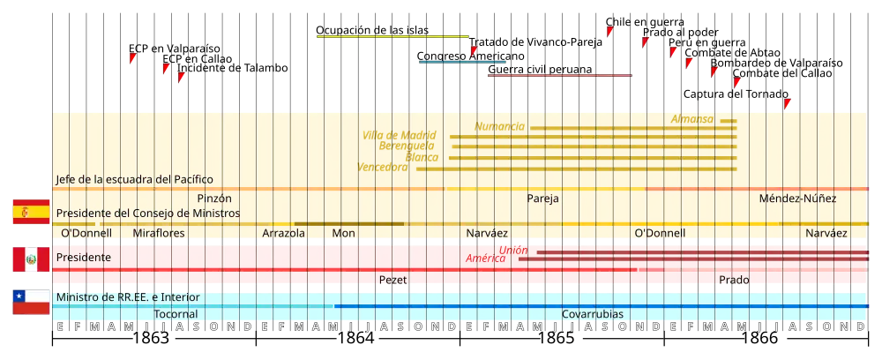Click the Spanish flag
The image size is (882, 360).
coord(30,212)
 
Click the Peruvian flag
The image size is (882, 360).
coord(30,259)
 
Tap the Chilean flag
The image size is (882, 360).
coord(30,303)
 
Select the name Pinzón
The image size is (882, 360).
coord(214,199)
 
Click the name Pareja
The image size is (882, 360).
coord(543,199)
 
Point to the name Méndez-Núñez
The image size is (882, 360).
coord(797,199)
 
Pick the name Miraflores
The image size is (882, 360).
coord(159,233)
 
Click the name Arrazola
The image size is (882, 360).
coord(283,233)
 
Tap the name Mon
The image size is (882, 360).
coord(343,233)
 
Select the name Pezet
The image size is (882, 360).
coord(392,280)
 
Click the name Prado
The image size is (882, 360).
coord(734,280)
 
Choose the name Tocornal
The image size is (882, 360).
coord(176,314)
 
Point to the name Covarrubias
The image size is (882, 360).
coord(592,314)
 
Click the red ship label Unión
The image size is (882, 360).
coord(512,251)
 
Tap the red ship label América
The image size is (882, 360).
coord(485,259)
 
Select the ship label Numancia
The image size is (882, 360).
coord(500,126)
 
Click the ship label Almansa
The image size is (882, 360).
coord(692,118)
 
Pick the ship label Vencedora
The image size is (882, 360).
coord(383,166)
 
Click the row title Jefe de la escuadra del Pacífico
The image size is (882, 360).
coord(134,179)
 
